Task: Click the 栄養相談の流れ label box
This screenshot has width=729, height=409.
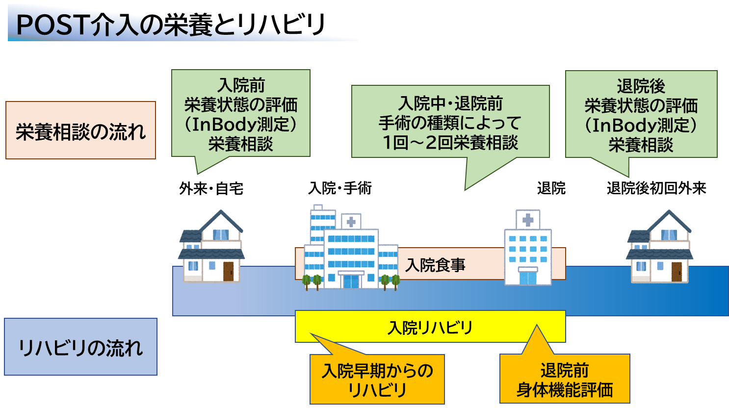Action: pyautogui.click(x=80, y=130)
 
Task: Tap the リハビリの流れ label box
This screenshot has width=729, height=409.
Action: pyautogui.click(x=80, y=347)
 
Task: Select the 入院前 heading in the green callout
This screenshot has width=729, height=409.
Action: pyautogui.click(x=241, y=85)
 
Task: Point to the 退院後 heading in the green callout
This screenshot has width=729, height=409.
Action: pyautogui.click(x=641, y=86)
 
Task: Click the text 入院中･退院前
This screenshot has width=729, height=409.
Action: pyautogui.click(x=450, y=103)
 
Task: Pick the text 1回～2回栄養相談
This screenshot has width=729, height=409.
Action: pyautogui.click(x=450, y=143)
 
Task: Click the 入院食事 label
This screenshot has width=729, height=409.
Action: pyautogui.click(x=435, y=265)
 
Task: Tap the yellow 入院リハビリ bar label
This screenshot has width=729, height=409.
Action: pyautogui.click(x=430, y=327)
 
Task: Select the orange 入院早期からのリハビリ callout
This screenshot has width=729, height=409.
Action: pyautogui.click(x=377, y=380)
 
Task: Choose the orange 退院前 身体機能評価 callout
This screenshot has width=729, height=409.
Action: pyautogui.click(x=565, y=380)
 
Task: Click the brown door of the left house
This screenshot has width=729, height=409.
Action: pyautogui.click(x=228, y=271)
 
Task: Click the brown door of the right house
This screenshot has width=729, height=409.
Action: pyautogui.click(x=677, y=272)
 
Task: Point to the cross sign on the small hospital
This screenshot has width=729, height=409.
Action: pyautogui.click(x=528, y=220)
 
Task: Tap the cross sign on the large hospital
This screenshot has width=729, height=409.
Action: pyautogui.click(x=351, y=222)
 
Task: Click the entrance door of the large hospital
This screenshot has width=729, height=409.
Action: pyautogui.click(x=351, y=281)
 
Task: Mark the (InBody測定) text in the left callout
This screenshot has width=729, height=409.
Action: pyautogui.click(x=241, y=124)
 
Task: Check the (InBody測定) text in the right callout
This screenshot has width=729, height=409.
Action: pyautogui.click(x=641, y=125)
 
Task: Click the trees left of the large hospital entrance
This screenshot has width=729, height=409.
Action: pyautogui.click(x=312, y=281)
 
